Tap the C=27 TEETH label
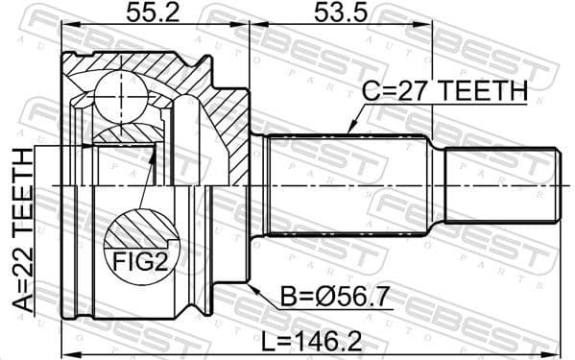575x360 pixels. [443, 92]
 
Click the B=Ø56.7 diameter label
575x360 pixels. [323, 299]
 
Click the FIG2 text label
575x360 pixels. [140, 259]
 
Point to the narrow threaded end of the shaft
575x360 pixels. [501, 184]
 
